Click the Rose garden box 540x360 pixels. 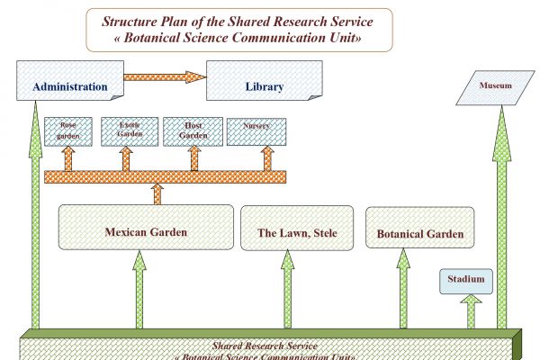68,130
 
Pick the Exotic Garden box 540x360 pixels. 126,130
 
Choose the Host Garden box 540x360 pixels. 193,130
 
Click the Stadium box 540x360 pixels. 466,281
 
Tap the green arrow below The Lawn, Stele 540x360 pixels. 288,290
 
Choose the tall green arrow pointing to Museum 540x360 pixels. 501,225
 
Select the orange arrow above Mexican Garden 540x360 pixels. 158,193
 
